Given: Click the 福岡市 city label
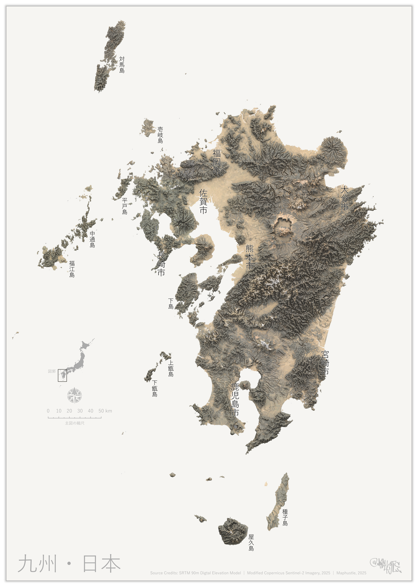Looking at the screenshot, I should click(x=217, y=162).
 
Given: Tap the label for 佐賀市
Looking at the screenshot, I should click(x=203, y=202).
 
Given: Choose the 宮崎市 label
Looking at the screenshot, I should click(x=325, y=363).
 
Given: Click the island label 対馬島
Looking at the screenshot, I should click(x=122, y=65).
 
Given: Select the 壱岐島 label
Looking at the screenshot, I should click(x=160, y=135).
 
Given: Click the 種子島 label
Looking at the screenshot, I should click(x=285, y=517).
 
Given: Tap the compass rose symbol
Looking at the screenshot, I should click(x=74, y=395).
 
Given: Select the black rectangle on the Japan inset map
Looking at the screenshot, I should click(x=62, y=375).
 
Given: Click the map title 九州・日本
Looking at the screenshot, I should click(x=69, y=563).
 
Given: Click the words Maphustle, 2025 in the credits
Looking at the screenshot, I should click(x=351, y=573).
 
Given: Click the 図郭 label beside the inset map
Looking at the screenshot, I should click(x=52, y=371).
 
